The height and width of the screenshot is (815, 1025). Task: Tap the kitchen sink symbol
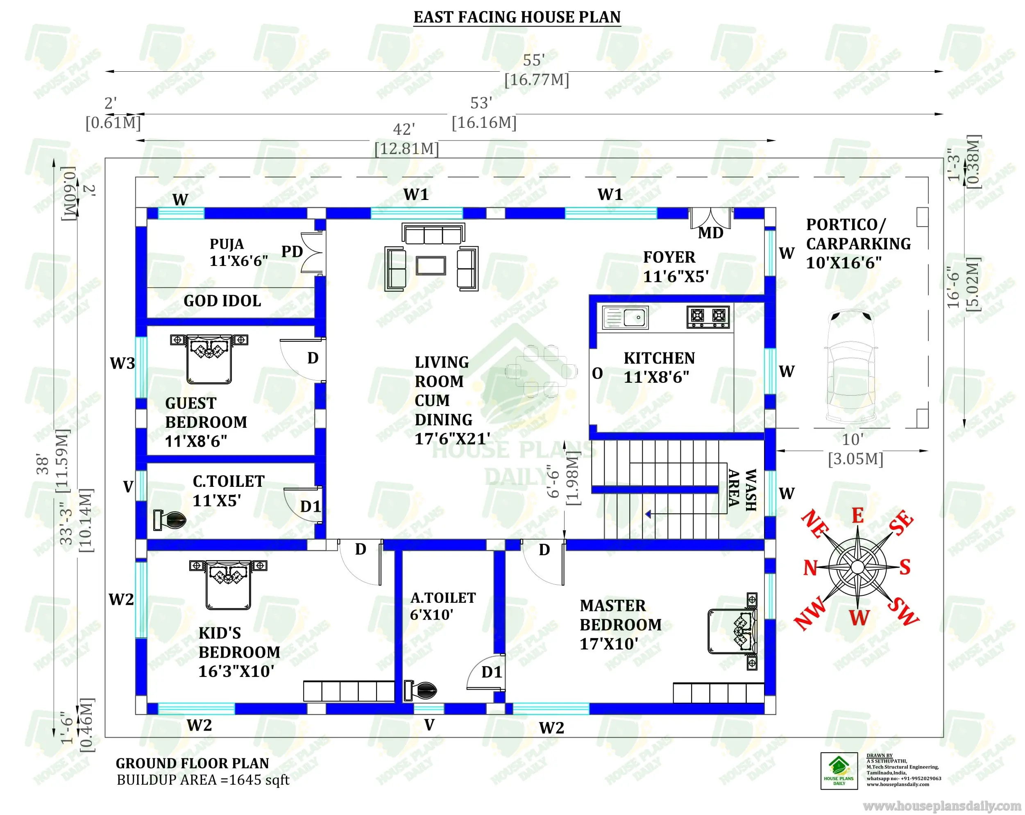click(x=625, y=318)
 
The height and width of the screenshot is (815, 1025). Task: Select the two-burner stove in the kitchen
click(x=708, y=317)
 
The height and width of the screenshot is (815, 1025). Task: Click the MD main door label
click(x=710, y=233)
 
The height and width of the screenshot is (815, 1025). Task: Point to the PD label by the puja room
click(x=292, y=252)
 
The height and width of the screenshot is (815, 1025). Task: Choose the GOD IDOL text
click(x=222, y=301)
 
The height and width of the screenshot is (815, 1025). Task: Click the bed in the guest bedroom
click(x=209, y=359)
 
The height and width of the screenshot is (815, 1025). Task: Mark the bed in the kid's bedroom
click(x=228, y=585)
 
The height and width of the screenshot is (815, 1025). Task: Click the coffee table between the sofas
click(x=431, y=266)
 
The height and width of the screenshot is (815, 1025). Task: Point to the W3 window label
click(x=122, y=363)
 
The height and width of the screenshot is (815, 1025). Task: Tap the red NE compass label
click(x=815, y=524)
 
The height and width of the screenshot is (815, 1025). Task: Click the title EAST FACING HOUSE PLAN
click(x=517, y=17)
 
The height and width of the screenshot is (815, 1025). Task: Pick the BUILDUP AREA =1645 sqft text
click(x=203, y=780)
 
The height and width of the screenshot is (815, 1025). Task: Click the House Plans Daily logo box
click(x=839, y=771)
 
